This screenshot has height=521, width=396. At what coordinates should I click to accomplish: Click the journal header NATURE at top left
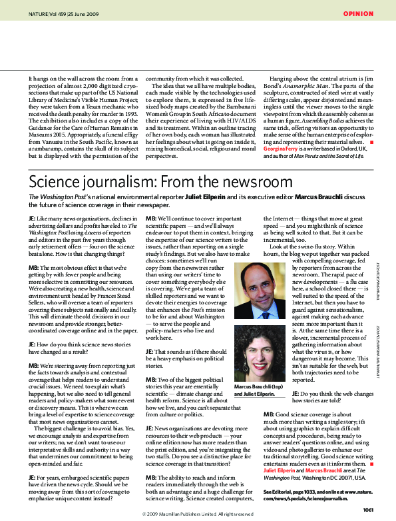click(x=39, y=13)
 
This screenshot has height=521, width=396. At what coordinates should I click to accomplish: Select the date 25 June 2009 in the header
click(x=85, y=13)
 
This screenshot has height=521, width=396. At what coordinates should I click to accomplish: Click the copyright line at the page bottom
click(x=198, y=514)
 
